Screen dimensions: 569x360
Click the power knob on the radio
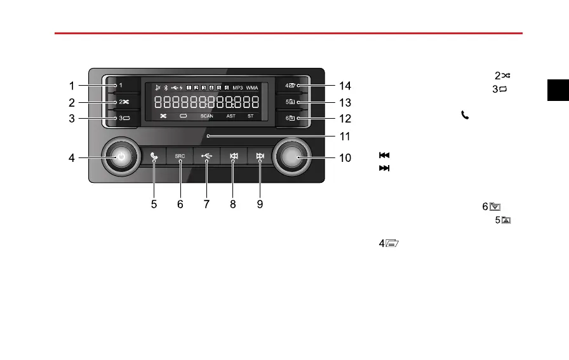click(x=121, y=156)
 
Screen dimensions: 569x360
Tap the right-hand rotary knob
click(x=292, y=156)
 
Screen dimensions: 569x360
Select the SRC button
click(x=180, y=156)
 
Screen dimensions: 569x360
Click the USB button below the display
click(x=207, y=156)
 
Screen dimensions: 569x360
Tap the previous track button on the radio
click(x=233, y=156)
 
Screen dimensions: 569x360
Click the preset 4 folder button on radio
click(x=291, y=85)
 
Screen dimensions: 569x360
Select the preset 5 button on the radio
click(x=291, y=102)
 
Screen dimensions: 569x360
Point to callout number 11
click(x=345, y=136)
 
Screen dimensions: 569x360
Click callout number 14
click(x=345, y=86)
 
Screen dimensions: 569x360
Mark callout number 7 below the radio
click(x=206, y=204)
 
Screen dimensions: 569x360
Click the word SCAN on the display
click(x=207, y=116)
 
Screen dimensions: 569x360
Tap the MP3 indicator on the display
click(x=238, y=87)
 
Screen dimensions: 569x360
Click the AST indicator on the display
click(x=231, y=116)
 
